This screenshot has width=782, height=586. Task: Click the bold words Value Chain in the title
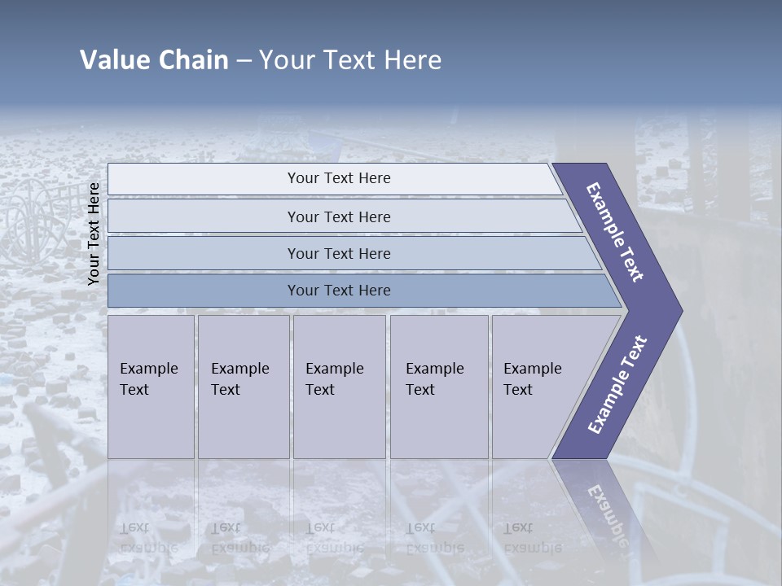(154, 60)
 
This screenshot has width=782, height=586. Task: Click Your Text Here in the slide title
(350, 60)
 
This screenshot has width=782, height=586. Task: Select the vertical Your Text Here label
(94, 234)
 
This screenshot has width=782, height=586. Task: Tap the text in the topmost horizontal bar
(339, 178)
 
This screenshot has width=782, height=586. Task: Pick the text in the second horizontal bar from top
(339, 216)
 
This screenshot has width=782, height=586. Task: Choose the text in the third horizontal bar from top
(339, 253)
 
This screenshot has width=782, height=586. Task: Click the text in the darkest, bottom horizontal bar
(339, 291)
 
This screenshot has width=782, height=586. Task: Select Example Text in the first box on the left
(148, 379)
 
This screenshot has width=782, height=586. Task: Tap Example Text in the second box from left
(239, 379)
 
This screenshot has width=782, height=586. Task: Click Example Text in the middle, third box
(334, 379)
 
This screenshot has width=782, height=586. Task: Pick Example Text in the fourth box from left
(434, 379)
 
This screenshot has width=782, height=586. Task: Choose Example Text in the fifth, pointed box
(532, 379)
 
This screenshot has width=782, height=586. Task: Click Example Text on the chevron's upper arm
(615, 232)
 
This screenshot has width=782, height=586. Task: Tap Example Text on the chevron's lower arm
(617, 385)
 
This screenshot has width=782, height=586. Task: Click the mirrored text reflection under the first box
(148, 538)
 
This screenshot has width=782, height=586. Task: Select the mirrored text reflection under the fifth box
(532, 538)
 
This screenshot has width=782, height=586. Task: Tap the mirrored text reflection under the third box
(334, 538)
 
